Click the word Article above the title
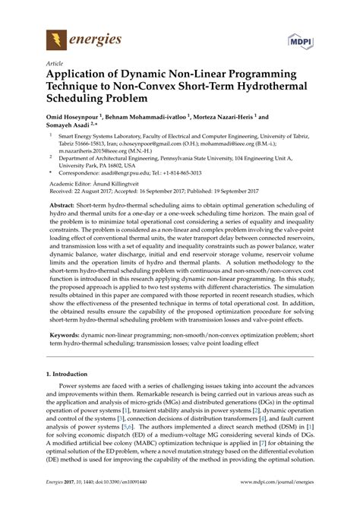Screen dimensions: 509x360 coord(54,65)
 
